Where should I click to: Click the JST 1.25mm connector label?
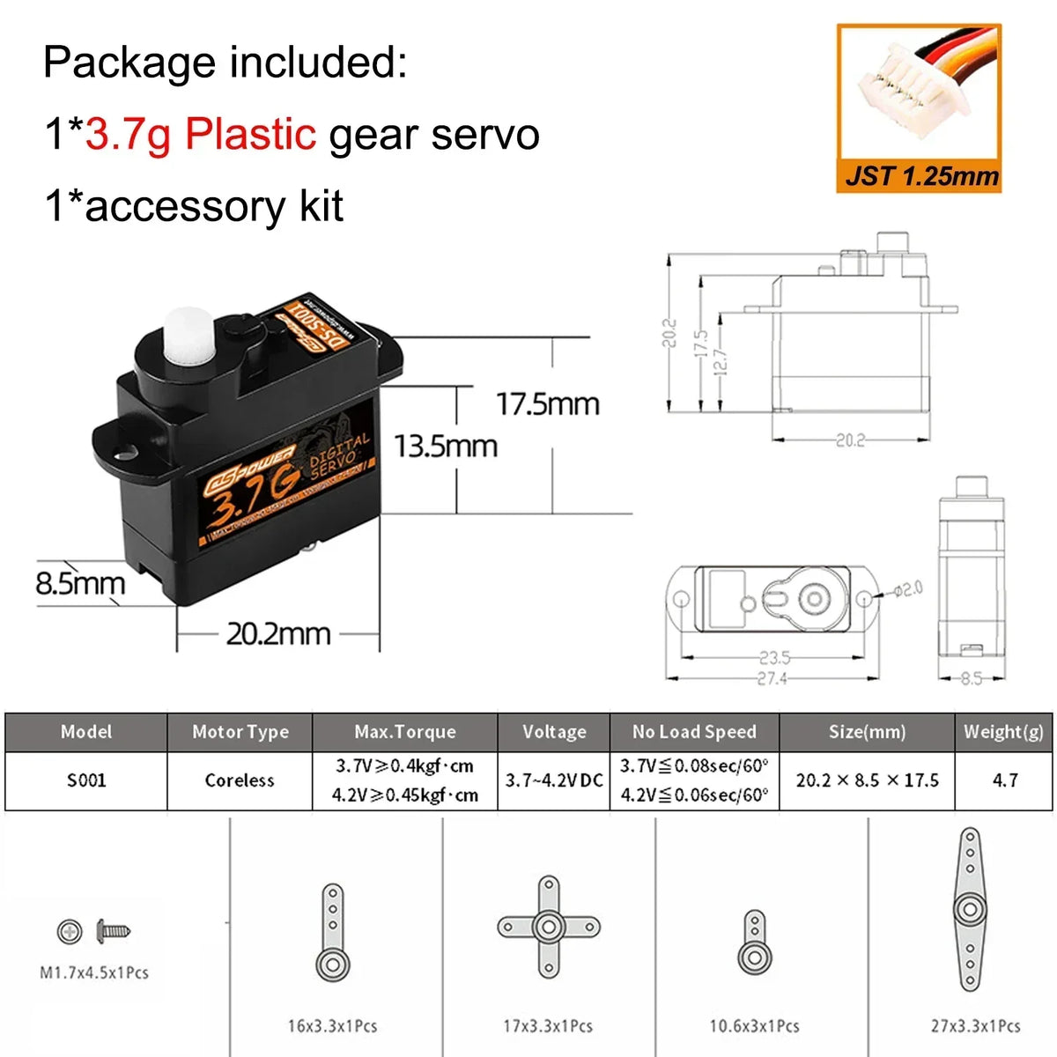921,175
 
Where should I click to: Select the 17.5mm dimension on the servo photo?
547,404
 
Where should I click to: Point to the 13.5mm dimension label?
445,446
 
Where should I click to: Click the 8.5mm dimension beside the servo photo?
80,583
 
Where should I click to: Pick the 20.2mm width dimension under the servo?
278,633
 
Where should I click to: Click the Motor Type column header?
240,732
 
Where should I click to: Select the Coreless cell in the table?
240,780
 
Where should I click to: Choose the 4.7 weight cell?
1005,780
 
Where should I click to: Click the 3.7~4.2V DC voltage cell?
554,780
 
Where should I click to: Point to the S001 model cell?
86,780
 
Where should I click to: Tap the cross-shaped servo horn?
549,926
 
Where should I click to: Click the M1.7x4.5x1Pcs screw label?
94,972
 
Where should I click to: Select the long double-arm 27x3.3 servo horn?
970,909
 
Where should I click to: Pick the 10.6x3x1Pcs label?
754,1026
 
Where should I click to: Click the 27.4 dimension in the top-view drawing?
772,678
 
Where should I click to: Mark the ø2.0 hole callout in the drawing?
907,588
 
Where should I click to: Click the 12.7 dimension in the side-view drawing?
720,361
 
